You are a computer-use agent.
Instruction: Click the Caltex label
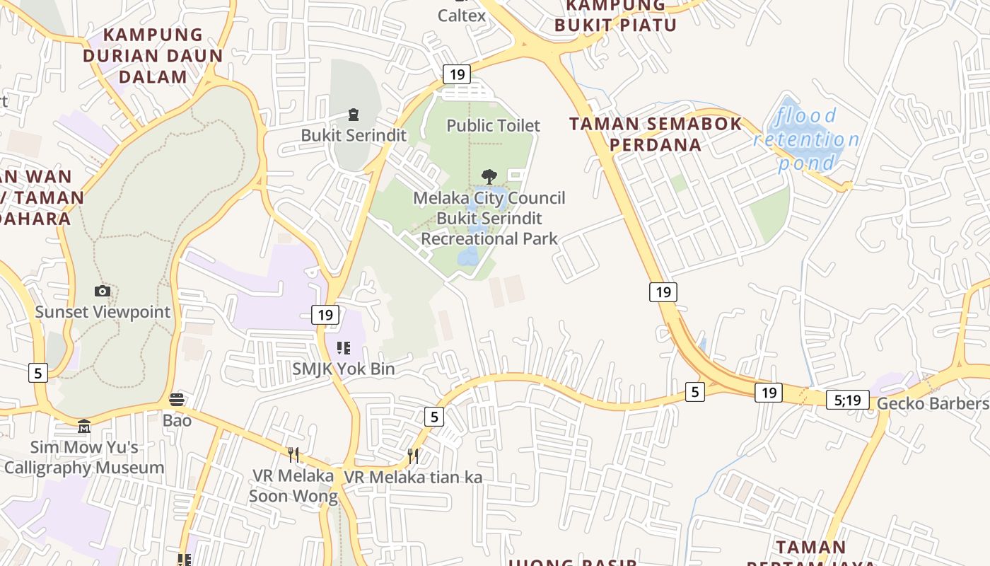click(462, 15)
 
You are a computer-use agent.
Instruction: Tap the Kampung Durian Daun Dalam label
click(152, 55)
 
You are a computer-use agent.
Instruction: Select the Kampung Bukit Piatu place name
click(615, 16)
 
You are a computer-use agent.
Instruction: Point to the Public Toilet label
click(493, 125)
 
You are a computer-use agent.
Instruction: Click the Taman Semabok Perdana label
click(656, 134)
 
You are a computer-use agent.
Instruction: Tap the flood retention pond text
click(807, 139)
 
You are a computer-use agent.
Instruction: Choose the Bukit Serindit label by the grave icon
click(354, 135)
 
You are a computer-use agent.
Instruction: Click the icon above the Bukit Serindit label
click(353, 115)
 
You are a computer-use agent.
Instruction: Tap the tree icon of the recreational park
click(489, 176)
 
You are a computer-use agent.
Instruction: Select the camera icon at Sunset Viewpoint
click(103, 291)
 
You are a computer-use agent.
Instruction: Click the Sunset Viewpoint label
click(103, 312)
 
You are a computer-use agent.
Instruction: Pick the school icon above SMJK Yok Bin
click(344, 347)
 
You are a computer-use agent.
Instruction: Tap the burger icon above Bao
click(177, 400)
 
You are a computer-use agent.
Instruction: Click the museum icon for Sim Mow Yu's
click(84, 426)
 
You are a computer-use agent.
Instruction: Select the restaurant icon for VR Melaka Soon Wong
click(293, 454)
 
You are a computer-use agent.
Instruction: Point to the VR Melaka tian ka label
click(413, 478)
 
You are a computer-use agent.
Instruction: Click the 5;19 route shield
click(847, 400)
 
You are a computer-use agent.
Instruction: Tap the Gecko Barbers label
click(933, 403)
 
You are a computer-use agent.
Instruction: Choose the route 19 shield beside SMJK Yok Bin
click(325, 315)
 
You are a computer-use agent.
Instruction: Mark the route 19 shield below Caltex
click(457, 74)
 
